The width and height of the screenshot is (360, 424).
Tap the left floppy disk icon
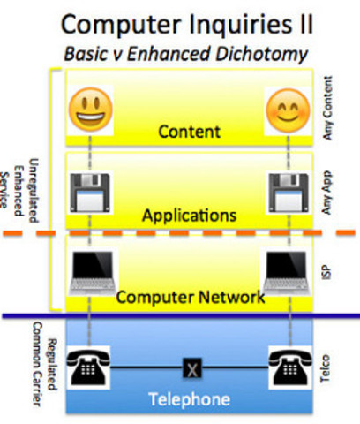tap(91, 190)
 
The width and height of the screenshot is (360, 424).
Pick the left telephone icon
tap(91, 363)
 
